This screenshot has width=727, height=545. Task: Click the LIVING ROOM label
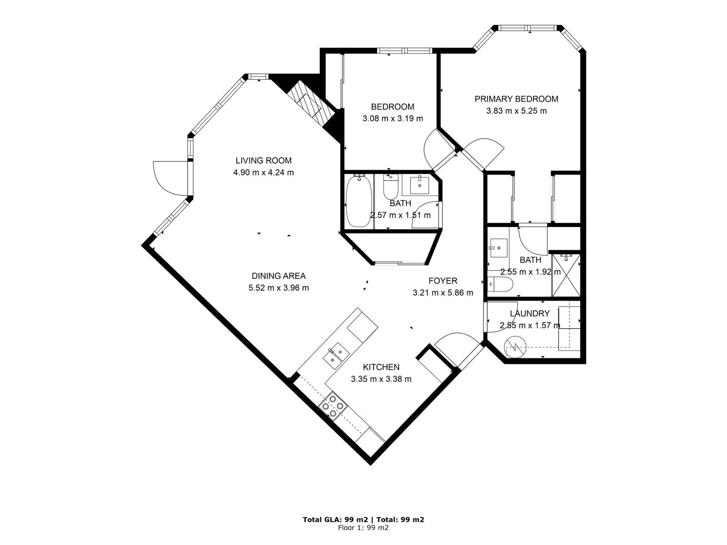[x=264, y=160]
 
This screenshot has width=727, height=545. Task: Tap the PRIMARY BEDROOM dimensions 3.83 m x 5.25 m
[x=516, y=111]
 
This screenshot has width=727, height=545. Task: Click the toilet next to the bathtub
[x=390, y=186]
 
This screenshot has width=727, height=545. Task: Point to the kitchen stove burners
[x=333, y=406]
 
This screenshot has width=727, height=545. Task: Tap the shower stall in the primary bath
[x=566, y=275]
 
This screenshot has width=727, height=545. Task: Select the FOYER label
[x=443, y=281]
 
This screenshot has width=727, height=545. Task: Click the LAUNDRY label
[x=529, y=313]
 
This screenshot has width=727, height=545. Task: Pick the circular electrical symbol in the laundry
[x=516, y=347]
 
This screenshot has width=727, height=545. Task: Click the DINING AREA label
[x=279, y=276]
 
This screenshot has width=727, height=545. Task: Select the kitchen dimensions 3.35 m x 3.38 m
[x=381, y=379]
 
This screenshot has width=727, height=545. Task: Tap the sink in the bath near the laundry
[x=498, y=248]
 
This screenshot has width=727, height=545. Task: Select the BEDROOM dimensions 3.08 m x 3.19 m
[x=393, y=119]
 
